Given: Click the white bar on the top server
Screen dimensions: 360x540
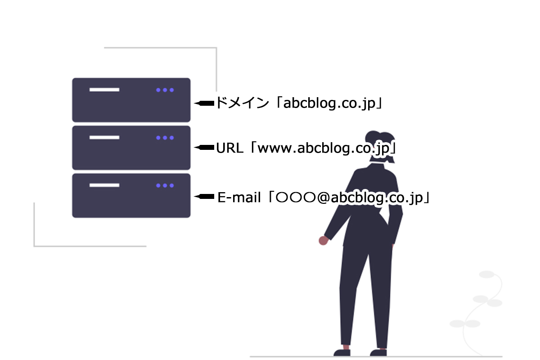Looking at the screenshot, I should tap(104, 90).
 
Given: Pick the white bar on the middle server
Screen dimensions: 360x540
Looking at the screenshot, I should tap(104, 137).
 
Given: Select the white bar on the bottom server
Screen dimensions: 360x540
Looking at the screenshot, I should tap(104, 185).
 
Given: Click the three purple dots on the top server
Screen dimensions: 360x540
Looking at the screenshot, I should tap(165, 90).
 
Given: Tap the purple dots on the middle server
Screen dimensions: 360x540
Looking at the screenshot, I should tap(165, 138).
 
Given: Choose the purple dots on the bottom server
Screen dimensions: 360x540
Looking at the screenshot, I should tap(165, 185).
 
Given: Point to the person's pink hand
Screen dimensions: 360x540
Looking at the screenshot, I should tap(323, 241).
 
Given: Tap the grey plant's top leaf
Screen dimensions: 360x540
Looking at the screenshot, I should tap(487, 274).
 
